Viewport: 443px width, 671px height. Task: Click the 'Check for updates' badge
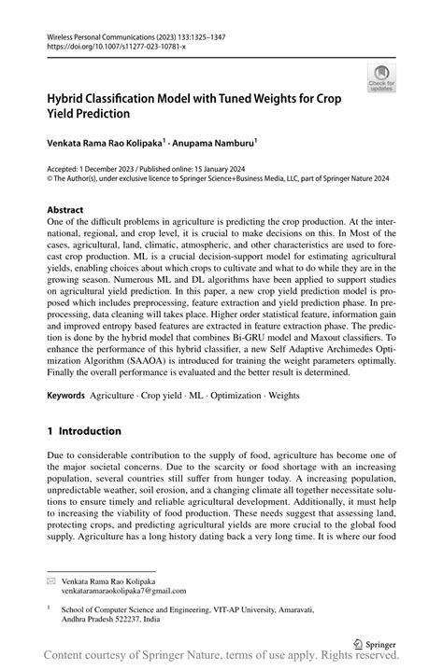(380, 78)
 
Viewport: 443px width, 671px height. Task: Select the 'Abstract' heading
(64, 209)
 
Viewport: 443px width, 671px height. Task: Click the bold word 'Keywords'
(66, 396)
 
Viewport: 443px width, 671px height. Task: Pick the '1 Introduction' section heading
(84, 431)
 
